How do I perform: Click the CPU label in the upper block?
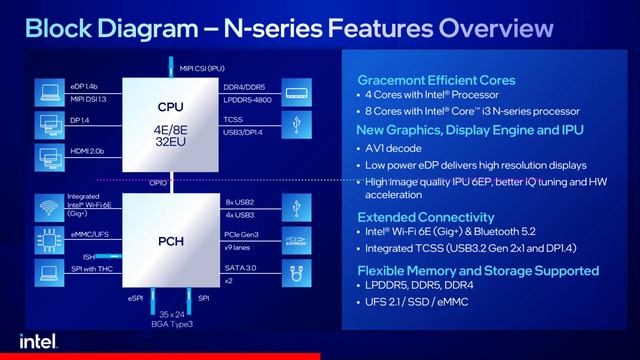(x=170, y=106)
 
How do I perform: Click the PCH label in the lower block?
(x=170, y=240)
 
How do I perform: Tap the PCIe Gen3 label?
(x=242, y=234)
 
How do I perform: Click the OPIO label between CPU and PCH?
(x=158, y=182)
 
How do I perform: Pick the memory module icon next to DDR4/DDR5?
(x=294, y=94)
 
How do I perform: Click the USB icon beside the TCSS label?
(x=294, y=124)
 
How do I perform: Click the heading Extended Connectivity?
(x=428, y=216)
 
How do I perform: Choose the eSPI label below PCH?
(x=136, y=298)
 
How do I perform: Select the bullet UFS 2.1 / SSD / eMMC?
(x=425, y=302)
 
